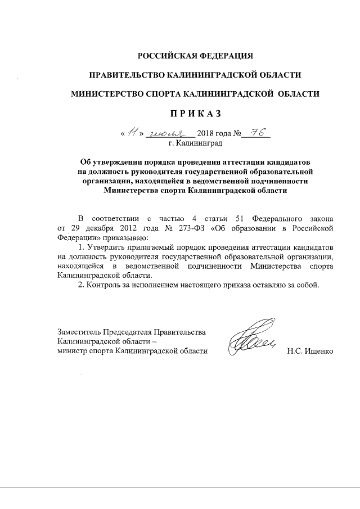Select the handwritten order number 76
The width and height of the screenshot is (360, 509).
258,133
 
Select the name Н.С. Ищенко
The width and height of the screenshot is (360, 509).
310,352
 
